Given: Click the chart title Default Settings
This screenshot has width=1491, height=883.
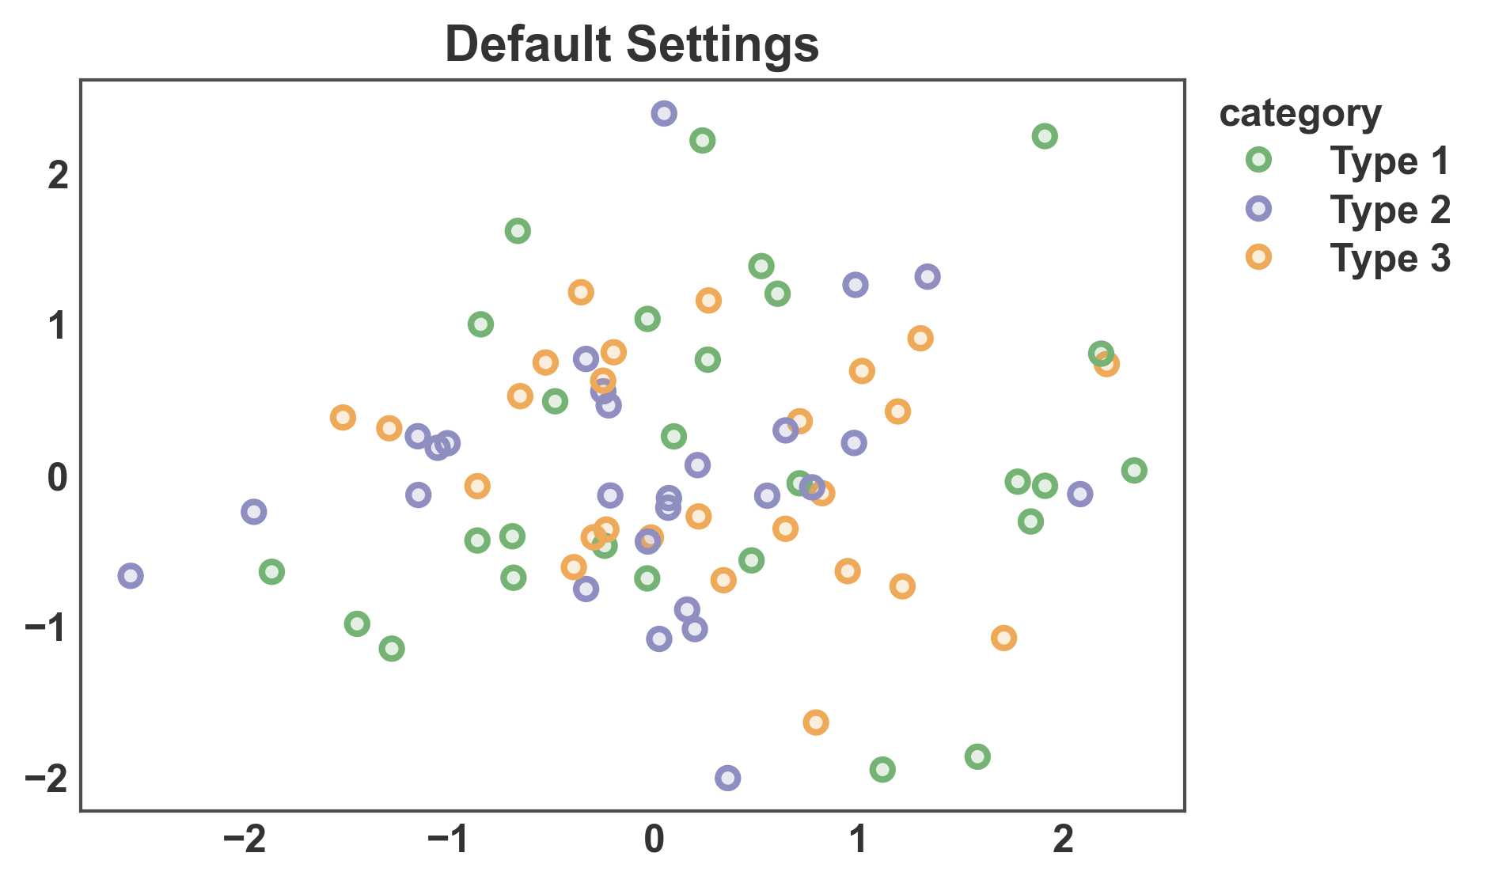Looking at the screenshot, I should coord(632,44).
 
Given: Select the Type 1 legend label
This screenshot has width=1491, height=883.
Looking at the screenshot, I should coord(1390,161).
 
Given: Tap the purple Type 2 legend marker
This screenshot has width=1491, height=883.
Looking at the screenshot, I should coord(1258,209).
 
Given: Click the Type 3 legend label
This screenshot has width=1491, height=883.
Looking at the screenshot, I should coord(1390,259).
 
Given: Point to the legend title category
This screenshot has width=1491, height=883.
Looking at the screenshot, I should coord(1299,113).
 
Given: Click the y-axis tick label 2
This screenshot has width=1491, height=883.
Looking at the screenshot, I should coord(57,175).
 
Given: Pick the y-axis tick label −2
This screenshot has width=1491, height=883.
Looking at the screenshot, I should coord(46,779).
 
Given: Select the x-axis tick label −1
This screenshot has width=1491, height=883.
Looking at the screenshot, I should coord(449,839).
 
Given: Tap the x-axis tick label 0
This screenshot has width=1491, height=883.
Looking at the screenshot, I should coord(654,839).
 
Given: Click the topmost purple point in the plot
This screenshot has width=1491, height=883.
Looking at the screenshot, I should coord(663,113).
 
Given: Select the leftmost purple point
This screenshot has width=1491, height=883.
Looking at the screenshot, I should coord(131,575).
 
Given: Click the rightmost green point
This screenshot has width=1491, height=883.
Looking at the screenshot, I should coord(1133,471).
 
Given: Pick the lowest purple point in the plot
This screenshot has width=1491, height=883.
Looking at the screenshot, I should coord(727,778).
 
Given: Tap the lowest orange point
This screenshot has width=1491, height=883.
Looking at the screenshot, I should coord(815,722).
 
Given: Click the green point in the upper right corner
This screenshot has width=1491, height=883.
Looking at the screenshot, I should coord(1044,136).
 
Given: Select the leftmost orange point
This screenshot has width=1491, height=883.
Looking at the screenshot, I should coord(342,417).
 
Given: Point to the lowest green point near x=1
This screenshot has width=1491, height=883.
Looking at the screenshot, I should coord(882,769).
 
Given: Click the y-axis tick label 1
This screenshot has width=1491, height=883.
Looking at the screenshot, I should coord(57,326).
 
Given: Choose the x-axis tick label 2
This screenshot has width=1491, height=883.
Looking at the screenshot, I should coord(1064,839).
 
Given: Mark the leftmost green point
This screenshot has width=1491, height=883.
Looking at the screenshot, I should coord(271,571).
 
